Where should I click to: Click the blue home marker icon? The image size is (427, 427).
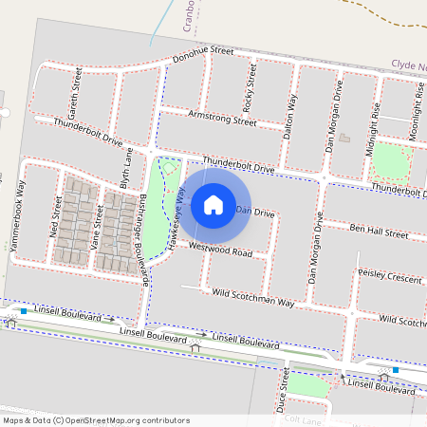pyautogui.click(x=213, y=204)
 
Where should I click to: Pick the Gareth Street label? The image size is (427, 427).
pyautogui.click(x=71, y=91)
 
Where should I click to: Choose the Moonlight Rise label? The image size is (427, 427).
pyautogui.click(x=416, y=112)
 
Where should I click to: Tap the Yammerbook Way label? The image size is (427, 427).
pyautogui.click(x=17, y=217)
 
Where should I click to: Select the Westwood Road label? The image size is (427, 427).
pyautogui.click(x=220, y=251)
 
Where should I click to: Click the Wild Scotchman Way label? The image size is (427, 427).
pyautogui.click(x=253, y=298)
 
